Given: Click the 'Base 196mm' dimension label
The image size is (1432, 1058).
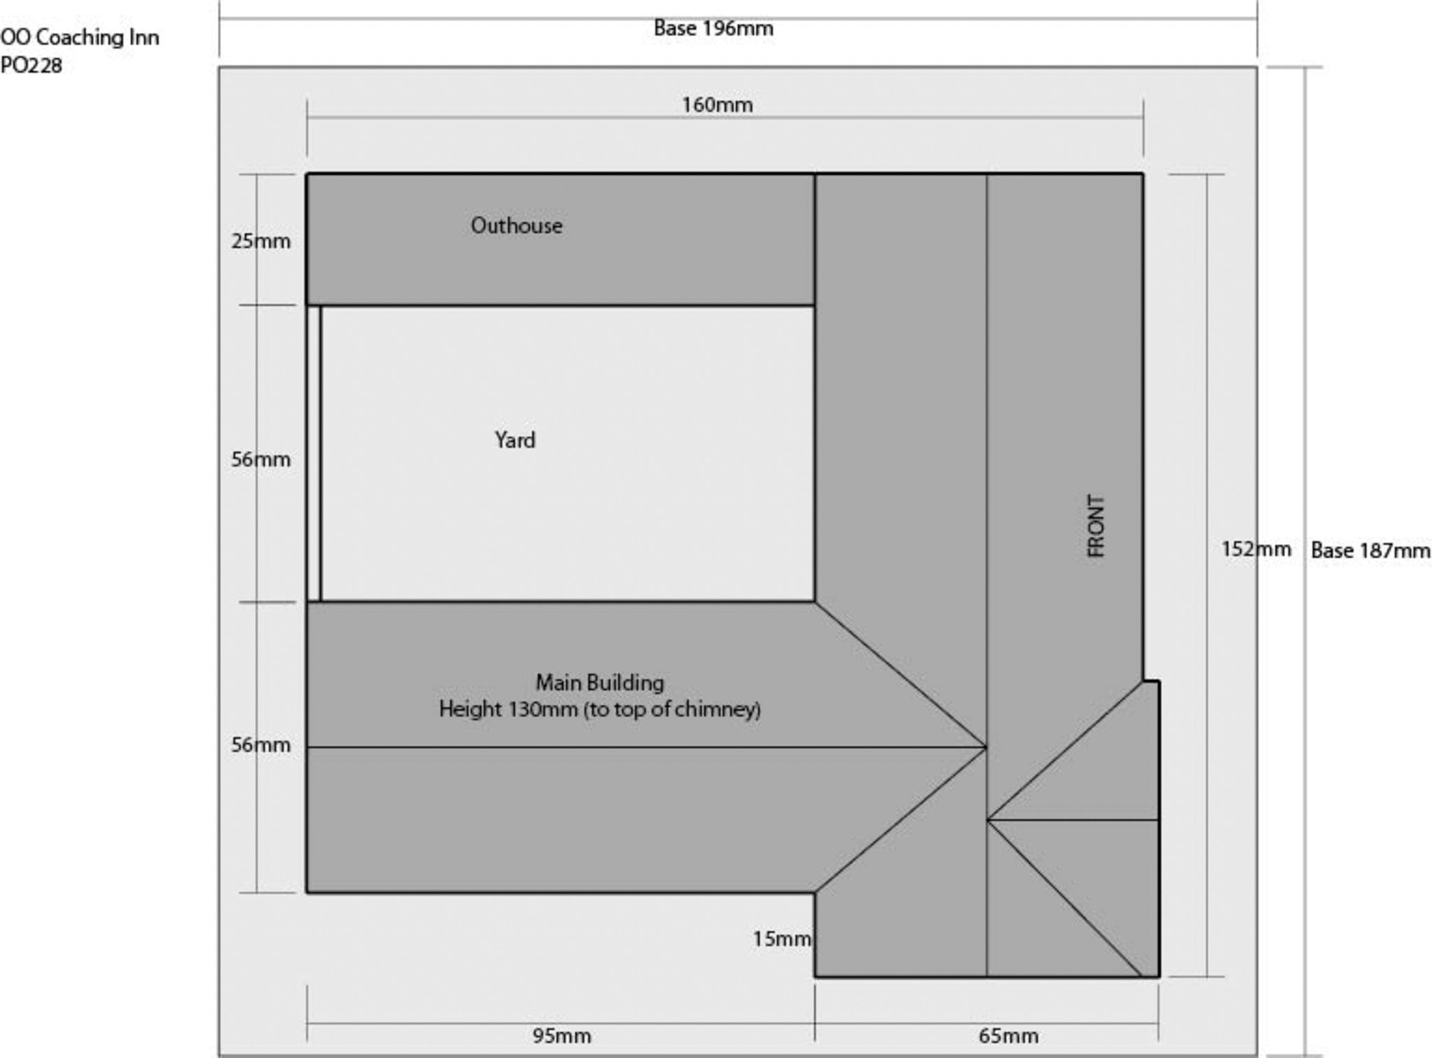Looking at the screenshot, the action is click(x=713, y=29).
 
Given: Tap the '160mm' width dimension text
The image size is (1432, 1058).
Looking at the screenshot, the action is click(x=717, y=105).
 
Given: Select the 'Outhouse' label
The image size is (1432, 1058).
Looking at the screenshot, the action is click(x=517, y=226).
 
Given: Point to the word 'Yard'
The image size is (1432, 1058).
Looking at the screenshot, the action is click(x=515, y=440).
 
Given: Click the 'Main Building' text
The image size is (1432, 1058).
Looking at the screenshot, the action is click(x=600, y=682).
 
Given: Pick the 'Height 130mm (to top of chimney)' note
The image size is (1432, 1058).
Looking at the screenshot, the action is click(x=600, y=709).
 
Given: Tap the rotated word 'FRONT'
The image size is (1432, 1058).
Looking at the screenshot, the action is click(x=1096, y=526).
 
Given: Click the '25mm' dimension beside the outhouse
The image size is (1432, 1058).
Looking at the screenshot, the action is click(x=261, y=241).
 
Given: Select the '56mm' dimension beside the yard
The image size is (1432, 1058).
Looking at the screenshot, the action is click(x=261, y=459).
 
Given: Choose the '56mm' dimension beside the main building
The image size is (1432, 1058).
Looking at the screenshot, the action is click(x=261, y=745).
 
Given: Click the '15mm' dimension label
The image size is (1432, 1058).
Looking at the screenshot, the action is click(x=782, y=939).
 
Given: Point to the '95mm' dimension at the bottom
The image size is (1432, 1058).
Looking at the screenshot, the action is click(x=562, y=1036).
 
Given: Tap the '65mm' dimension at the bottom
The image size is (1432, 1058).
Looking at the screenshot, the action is click(x=1008, y=1036).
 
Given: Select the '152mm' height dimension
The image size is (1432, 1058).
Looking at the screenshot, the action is click(x=1256, y=549).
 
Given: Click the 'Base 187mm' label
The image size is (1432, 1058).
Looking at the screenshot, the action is click(x=1370, y=551).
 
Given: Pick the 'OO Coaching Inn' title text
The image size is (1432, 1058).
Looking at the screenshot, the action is click(x=80, y=37).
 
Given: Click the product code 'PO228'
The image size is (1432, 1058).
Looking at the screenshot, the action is click(x=31, y=66).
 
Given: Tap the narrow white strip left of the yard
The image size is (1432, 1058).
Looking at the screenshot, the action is click(x=314, y=454).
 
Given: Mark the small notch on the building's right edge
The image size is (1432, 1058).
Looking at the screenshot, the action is click(x=1151, y=681).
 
